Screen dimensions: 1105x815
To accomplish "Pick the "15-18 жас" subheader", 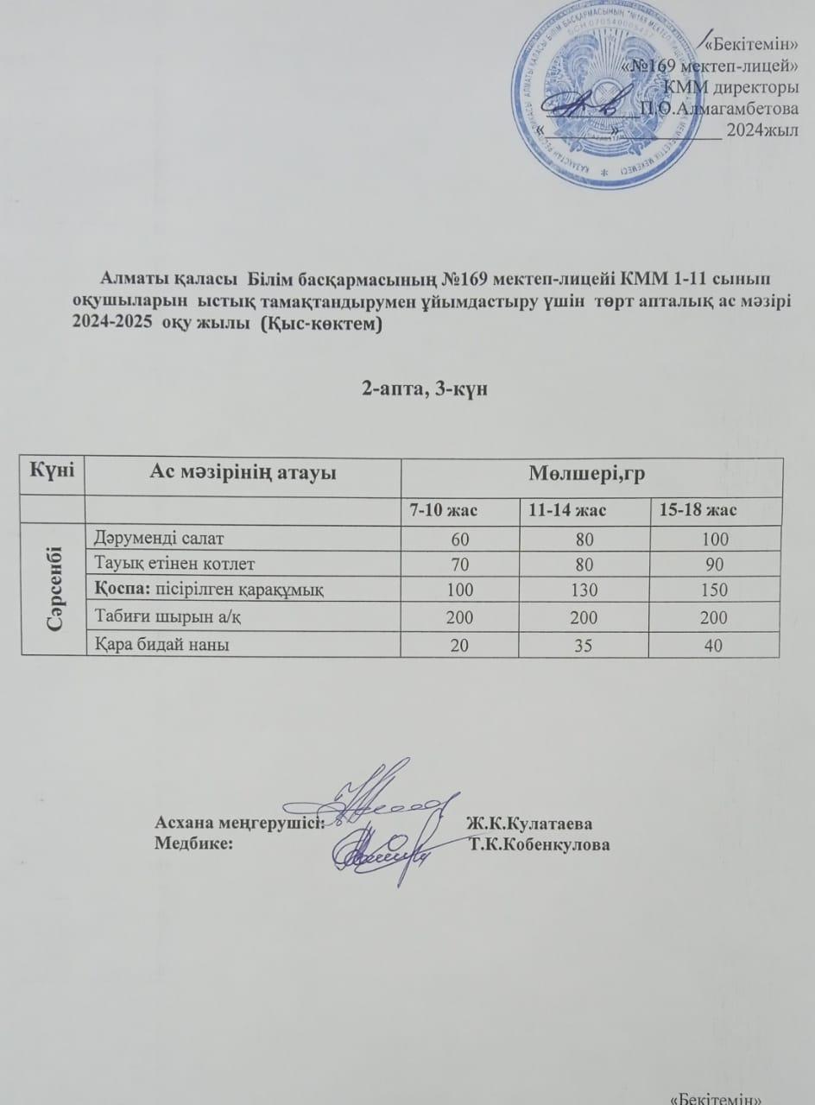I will click(698, 510).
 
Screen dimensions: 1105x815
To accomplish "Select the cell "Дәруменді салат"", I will click(159, 539).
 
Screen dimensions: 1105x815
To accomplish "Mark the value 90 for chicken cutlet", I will click(715, 565).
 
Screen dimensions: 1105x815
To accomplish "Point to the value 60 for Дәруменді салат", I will click(459, 540).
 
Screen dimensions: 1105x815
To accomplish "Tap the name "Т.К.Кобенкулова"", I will click(539, 843).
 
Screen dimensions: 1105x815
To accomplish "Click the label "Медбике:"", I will click(193, 843).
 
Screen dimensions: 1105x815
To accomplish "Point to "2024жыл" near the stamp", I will click(761, 130).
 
